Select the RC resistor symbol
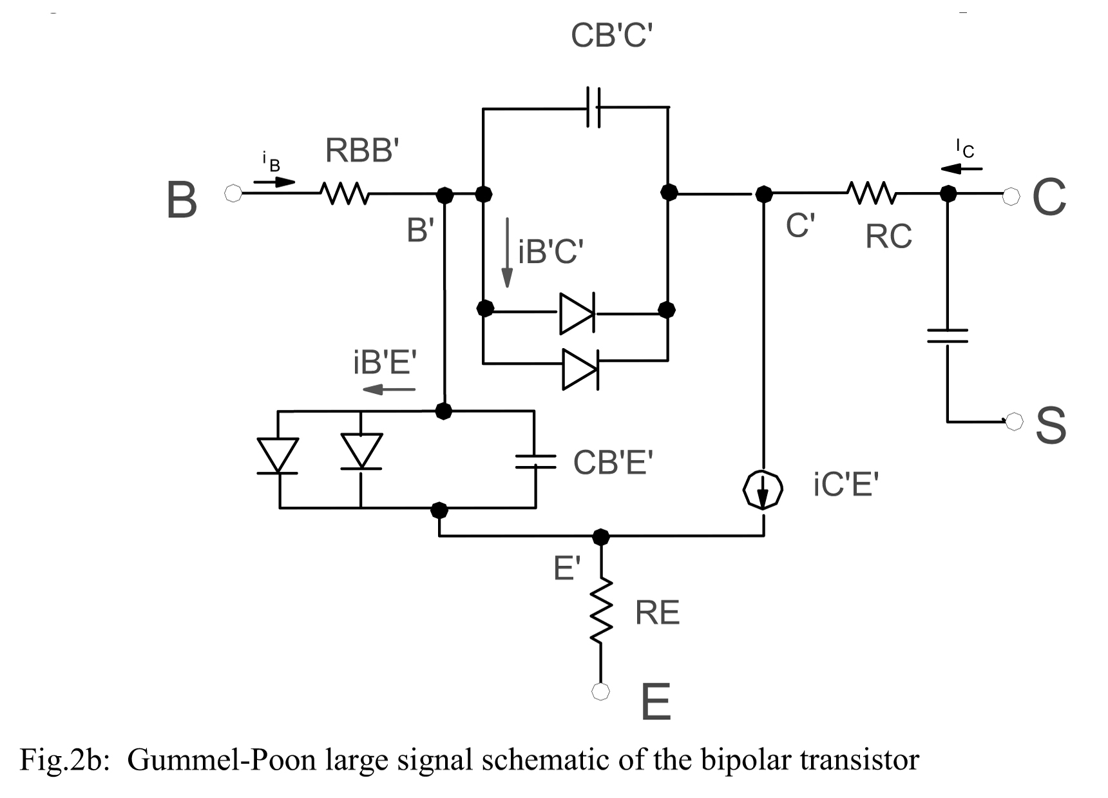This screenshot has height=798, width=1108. tap(871, 192)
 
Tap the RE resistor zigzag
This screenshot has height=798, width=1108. tap(601, 610)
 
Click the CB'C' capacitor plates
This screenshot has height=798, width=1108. tap(593, 107)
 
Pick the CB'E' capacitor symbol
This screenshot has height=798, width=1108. tap(535, 460)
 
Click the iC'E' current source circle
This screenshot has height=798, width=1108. tap(763, 491)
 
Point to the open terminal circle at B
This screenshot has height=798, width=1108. tap(233, 193)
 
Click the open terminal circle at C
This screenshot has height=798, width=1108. tap(1012, 193)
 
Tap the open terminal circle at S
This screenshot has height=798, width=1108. tap(1014, 422)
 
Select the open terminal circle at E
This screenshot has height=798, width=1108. tap(600, 692)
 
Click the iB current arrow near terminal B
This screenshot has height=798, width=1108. tap(274, 182)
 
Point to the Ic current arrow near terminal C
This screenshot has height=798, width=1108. tap(961, 169)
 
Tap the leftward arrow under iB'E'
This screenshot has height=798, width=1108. tap(389, 389)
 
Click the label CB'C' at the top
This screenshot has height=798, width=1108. tap(611, 35)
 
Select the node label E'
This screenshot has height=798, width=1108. tap(567, 569)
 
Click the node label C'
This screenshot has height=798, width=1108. tap(800, 226)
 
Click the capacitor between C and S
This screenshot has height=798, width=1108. tap(948, 336)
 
